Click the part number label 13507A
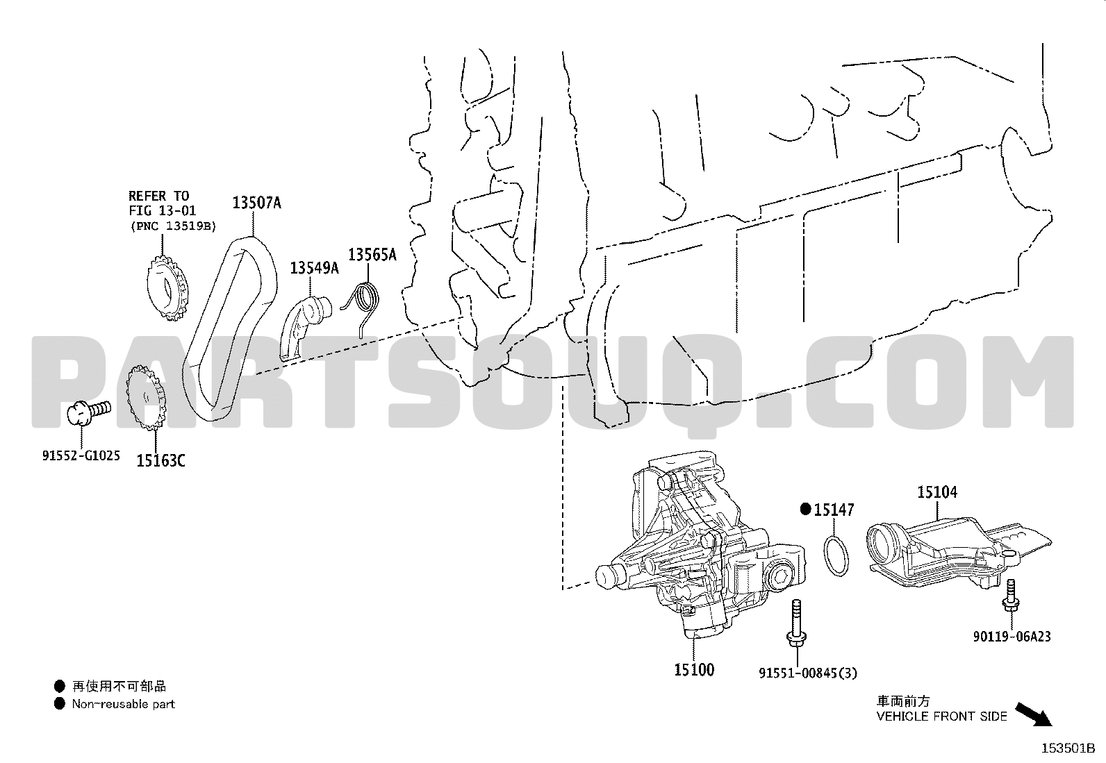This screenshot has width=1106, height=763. (x=257, y=203)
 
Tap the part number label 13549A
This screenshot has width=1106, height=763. (x=315, y=268)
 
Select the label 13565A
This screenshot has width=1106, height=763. (x=372, y=255)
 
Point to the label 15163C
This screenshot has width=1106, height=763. (x=161, y=461)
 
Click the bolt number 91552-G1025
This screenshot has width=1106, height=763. (x=81, y=455)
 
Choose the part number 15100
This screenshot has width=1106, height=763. (x=694, y=670)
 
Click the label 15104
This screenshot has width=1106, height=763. (x=937, y=492)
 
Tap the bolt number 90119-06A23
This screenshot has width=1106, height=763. (x=1012, y=637)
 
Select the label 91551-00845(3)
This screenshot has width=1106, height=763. (x=808, y=673)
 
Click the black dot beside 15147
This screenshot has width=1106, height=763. (x=806, y=509)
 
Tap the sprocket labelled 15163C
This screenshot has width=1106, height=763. (x=146, y=397)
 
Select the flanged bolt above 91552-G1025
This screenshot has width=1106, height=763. (x=89, y=412)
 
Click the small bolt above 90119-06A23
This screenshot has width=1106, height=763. (x=1011, y=599)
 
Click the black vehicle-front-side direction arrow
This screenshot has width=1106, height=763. (x=1034, y=715)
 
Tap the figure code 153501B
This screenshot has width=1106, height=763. (x=1068, y=748)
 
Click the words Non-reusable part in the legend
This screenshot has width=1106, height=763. (x=124, y=704)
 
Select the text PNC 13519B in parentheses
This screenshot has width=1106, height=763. (x=173, y=226)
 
